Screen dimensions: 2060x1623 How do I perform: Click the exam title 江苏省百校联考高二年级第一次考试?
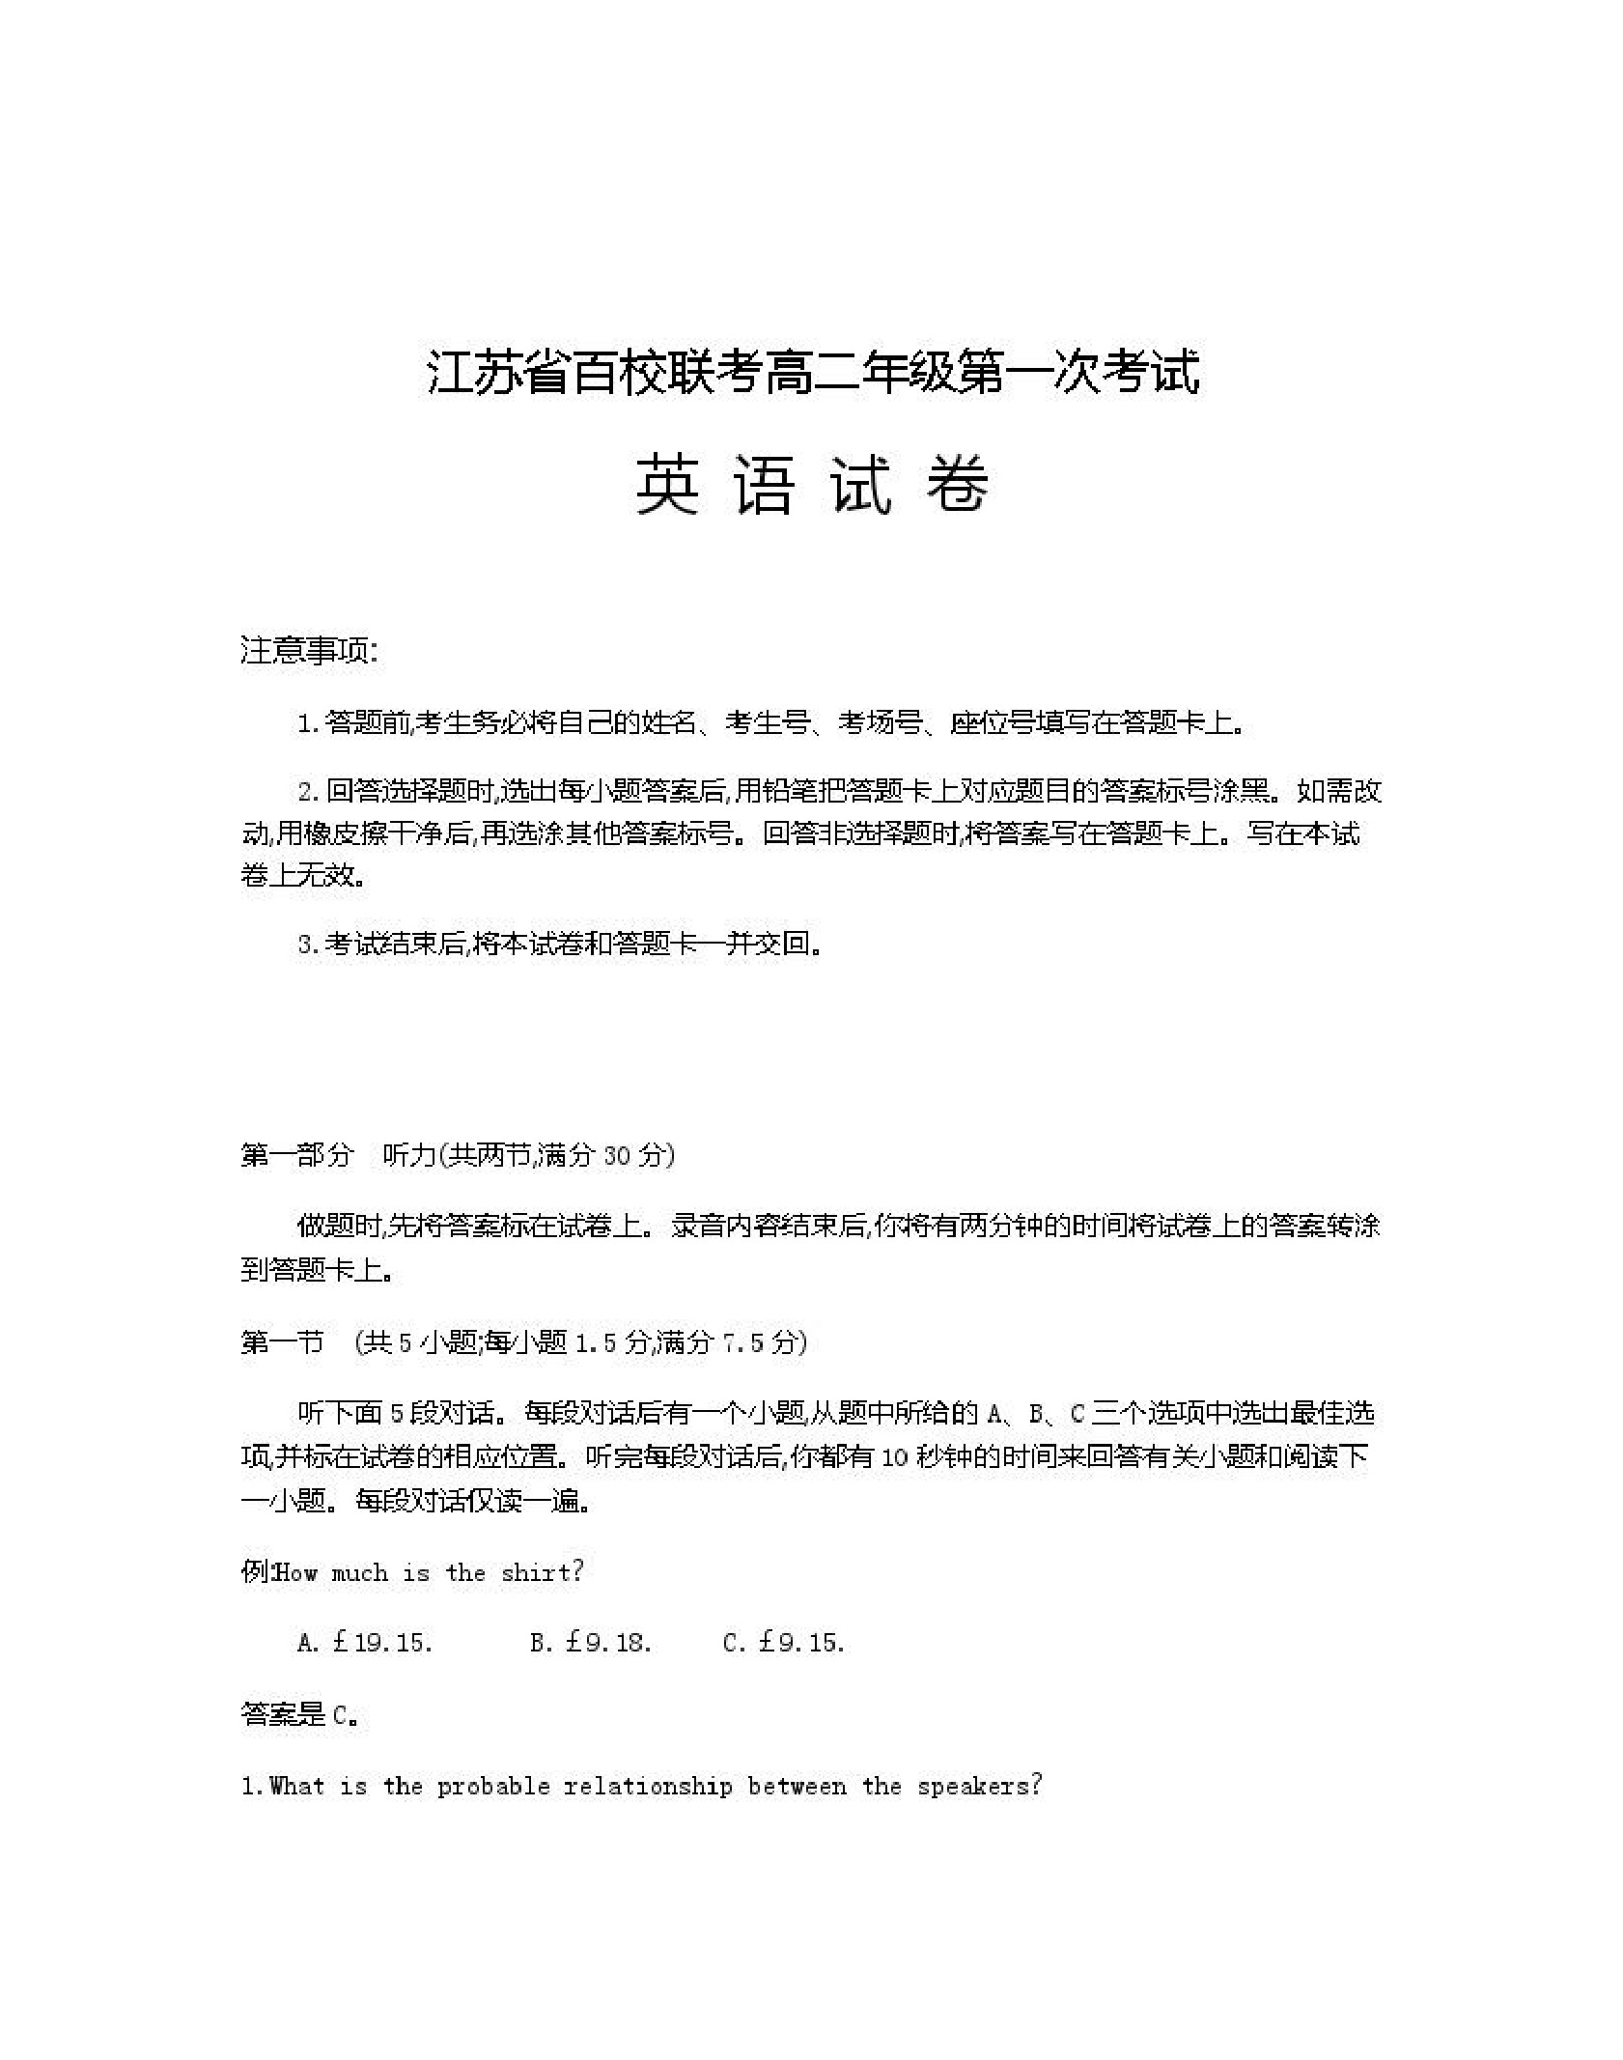coord(813,372)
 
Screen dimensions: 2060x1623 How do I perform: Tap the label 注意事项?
coord(309,651)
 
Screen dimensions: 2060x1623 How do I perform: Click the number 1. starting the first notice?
coord(308,723)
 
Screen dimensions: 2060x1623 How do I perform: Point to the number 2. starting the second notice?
coord(308,792)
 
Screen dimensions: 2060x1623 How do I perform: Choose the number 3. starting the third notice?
coord(308,944)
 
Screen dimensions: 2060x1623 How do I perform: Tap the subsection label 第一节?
coord(282,1342)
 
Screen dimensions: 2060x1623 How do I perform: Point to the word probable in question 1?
coord(493,1787)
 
